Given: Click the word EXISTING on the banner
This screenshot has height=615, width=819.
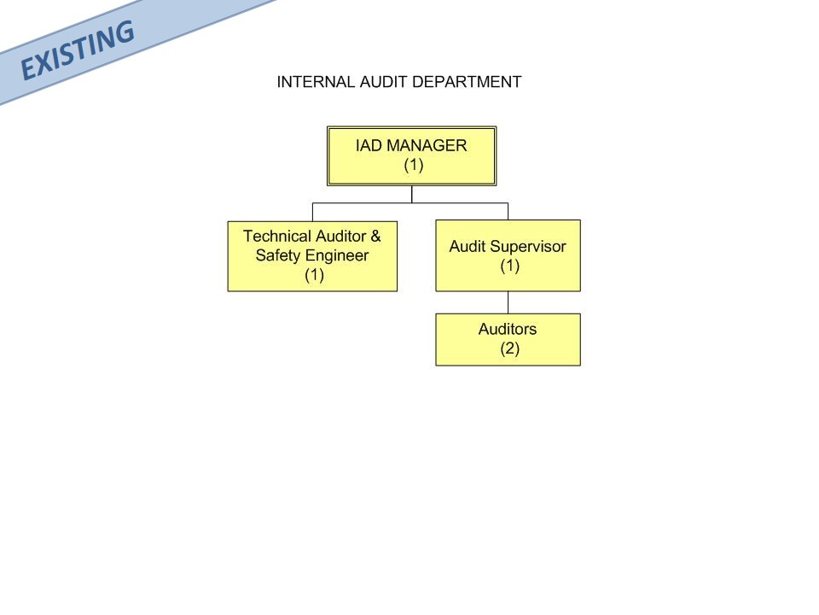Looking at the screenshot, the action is [78, 50].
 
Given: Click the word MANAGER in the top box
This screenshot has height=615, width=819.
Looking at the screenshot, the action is [427, 145].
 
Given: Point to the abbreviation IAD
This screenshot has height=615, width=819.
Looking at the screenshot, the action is [369, 145].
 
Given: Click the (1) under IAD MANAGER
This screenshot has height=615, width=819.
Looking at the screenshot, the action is [413, 165].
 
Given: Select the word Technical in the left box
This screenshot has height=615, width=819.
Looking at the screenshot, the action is [276, 237].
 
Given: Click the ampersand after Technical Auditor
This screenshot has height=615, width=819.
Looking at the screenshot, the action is [375, 237].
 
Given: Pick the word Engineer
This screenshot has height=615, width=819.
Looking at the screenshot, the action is [337, 255].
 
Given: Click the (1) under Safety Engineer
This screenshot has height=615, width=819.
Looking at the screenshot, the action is [315, 275].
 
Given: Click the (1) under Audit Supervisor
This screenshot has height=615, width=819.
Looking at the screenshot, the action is [510, 266].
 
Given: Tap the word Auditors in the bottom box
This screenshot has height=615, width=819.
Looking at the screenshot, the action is [508, 329].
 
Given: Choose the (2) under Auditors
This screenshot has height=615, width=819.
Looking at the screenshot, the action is [510, 348].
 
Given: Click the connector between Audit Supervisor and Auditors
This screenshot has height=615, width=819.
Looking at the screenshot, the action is [508, 302].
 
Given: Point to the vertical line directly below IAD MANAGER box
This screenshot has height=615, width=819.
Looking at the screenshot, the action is [411, 194].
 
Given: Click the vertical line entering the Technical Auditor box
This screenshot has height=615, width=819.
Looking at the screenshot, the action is [312, 212].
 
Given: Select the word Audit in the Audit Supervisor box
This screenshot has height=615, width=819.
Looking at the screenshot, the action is [468, 247].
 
